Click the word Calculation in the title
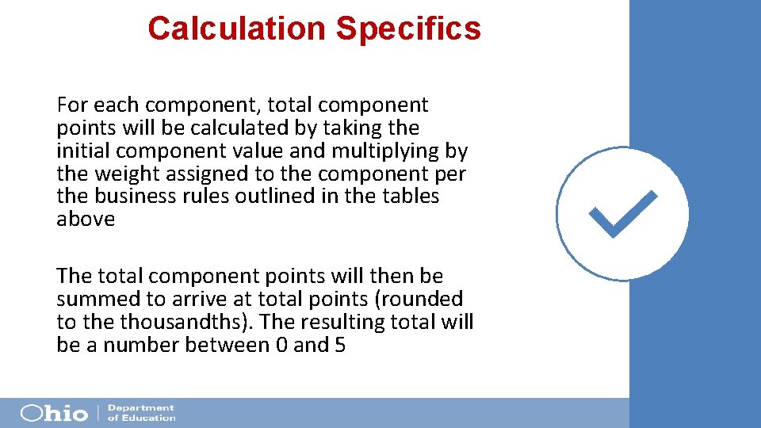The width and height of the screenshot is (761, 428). pyautogui.click(x=236, y=29)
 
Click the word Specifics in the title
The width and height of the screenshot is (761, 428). pyautogui.click(x=408, y=29)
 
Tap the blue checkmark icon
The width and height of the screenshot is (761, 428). pyautogui.click(x=623, y=214)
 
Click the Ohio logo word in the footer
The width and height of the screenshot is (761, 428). pyautogui.click(x=54, y=413)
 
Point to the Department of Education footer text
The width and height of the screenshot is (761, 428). pyautogui.click(x=141, y=413)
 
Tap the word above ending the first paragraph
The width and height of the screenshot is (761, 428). pyautogui.click(x=86, y=220)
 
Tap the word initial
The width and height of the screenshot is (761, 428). pyautogui.click(x=80, y=151)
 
